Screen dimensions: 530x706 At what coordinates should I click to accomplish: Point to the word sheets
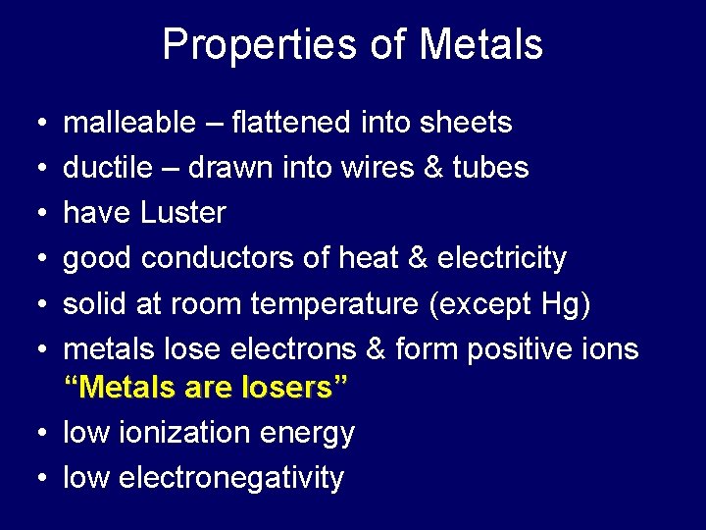click(x=467, y=123)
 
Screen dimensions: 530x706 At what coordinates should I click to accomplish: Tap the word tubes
click(x=490, y=168)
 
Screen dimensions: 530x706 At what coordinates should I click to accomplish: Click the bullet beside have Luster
click(x=36, y=214)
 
